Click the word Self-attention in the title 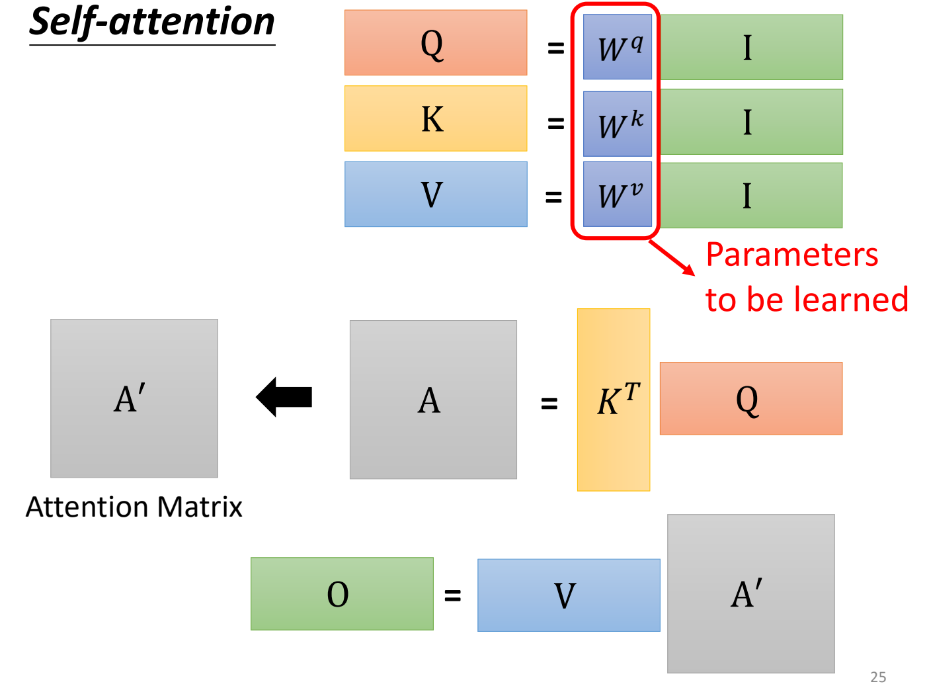152,22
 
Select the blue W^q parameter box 618,47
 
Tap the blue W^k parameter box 618,124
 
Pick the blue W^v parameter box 618,194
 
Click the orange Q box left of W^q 436,43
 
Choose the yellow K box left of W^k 436,118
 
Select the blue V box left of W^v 436,194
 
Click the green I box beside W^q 751,48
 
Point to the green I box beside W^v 751,196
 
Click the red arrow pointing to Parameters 672,257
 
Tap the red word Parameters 792,255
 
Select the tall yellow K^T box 614,400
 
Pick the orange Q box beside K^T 751,398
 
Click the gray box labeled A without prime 433,400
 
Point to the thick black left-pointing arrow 284,397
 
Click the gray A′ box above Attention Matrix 134,398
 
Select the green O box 342,594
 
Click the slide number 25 878,677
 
